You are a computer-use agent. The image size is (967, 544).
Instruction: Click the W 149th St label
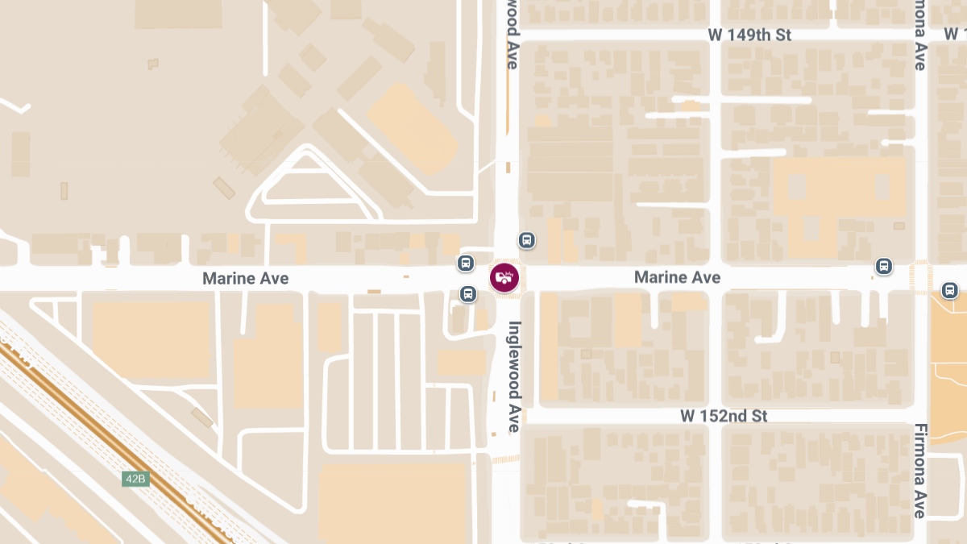tap(749, 35)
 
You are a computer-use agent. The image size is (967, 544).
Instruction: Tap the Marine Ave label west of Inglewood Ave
tap(245, 278)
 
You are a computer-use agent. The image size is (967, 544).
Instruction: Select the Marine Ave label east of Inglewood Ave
tap(677, 277)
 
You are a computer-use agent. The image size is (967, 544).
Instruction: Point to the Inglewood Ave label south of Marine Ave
tap(515, 376)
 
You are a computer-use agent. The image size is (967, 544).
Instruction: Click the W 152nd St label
tap(724, 416)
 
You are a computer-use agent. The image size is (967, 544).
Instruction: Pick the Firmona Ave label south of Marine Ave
tap(920, 471)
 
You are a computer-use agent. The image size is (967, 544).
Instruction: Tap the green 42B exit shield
tap(135, 479)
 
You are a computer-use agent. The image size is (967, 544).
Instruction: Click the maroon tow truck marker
tap(504, 278)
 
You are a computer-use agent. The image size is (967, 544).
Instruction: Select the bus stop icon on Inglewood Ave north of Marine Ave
tap(527, 240)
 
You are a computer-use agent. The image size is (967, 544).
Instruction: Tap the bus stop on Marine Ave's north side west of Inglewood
tap(465, 263)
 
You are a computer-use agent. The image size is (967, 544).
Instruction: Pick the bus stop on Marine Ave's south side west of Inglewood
tap(467, 294)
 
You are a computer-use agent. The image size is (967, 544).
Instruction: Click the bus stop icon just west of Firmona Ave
tap(884, 266)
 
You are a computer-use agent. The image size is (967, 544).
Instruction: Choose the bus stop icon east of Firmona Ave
tap(949, 290)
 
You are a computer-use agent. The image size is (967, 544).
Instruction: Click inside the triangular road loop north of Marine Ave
tap(310, 185)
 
